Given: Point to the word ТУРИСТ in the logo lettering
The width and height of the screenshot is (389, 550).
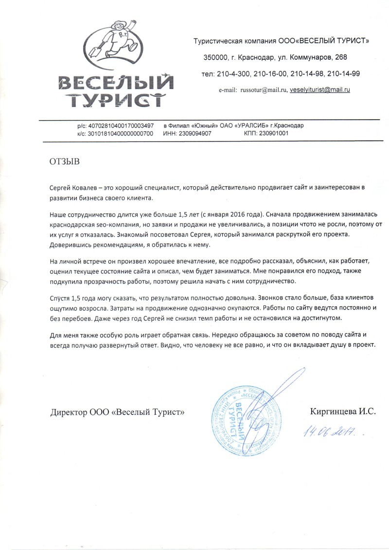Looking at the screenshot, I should point(115,100).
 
